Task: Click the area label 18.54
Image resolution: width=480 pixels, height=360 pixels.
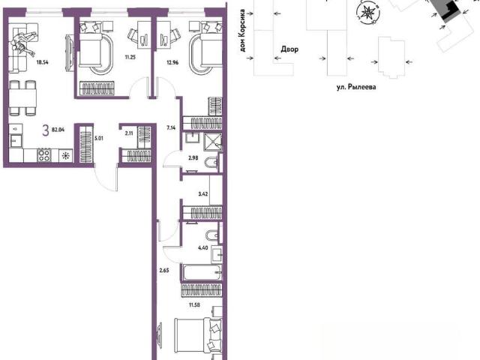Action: [42, 62]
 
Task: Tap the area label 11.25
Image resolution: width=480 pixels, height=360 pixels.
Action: [130, 57]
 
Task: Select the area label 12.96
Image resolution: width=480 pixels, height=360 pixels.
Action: [172, 63]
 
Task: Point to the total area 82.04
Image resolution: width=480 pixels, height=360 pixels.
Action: [58, 130]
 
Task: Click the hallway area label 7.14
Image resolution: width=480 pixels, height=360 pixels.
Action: [171, 128]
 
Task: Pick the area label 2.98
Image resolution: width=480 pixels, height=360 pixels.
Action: [193, 158]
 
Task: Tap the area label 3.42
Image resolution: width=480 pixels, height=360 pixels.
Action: [203, 193]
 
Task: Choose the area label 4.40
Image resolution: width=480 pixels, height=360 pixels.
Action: [203, 248]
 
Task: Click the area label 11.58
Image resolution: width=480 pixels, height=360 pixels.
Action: [194, 304]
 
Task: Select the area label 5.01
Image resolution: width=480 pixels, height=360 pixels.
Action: [99, 138]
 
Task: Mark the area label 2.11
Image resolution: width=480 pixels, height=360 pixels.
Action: [129, 133]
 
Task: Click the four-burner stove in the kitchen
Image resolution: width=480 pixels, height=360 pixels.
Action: [43, 155]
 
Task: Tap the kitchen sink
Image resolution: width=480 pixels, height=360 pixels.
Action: [16, 141]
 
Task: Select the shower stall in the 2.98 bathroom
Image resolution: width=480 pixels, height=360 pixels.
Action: [213, 142]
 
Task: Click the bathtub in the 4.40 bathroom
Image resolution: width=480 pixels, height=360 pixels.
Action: [201, 271]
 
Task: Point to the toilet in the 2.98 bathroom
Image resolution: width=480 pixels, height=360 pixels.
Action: [211, 162]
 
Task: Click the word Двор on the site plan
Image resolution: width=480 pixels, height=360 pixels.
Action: [289, 49]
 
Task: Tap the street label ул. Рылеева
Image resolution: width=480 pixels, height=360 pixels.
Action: [356, 87]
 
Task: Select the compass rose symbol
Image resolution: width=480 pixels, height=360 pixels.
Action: [368, 13]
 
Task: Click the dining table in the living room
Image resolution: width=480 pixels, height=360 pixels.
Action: [23, 97]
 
